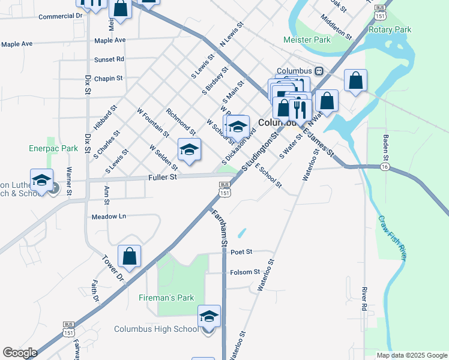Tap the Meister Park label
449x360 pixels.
[x=307, y=40]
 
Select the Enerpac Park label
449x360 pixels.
[x=53, y=148]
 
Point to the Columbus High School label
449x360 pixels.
[x=156, y=329]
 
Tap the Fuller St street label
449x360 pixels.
[x=163, y=177]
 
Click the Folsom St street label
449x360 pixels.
[x=245, y=272]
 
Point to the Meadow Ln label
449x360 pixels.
[x=109, y=216]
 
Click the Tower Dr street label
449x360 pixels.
[x=112, y=269]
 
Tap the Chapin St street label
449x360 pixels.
[x=108, y=78]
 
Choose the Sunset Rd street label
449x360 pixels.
[x=109, y=59]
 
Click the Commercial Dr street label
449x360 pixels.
[x=59, y=16]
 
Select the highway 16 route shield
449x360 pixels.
[x=384, y=167]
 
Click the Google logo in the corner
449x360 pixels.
[x=20, y=353]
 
